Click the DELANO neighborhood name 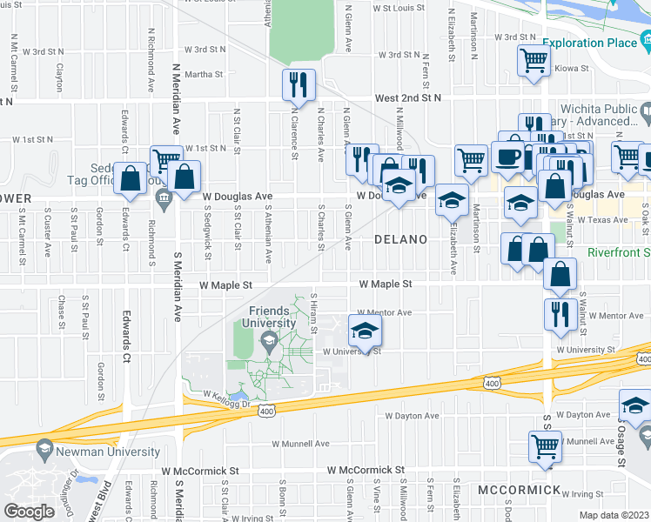[x=400, y=238]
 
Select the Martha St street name [x=204, y=74]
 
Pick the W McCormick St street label [x=366, y=470]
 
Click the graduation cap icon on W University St [x=366, y=331]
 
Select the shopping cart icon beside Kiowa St [x=534, y=60]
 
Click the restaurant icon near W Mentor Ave [x=557, y=313]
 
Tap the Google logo [x=29, y=511]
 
